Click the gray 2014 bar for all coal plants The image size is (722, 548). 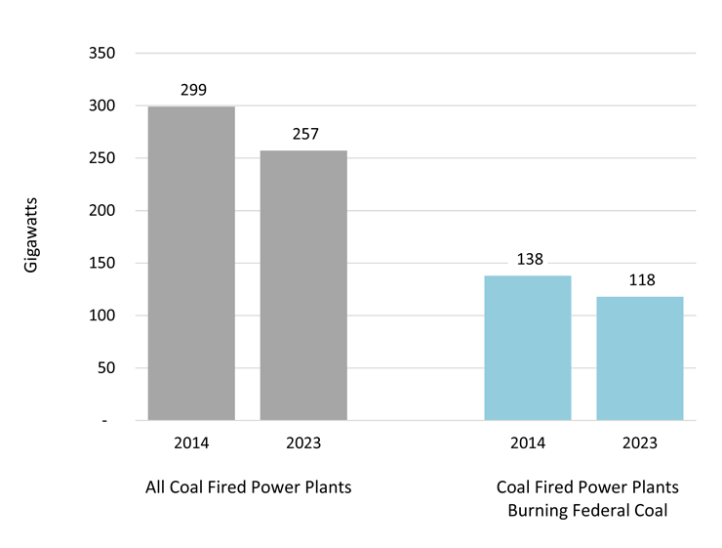[191, 264]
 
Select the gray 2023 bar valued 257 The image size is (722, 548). [303, 285]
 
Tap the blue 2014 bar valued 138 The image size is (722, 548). [528, 348]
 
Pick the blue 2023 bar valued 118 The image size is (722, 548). [640, 358]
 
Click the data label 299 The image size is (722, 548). [193, 90]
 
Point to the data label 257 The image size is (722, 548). [305, 134]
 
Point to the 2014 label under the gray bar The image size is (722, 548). [191, 443]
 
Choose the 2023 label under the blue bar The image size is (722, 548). [640, 443]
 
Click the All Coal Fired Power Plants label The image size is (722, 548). [248, 487]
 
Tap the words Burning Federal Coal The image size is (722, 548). [587, 510]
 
